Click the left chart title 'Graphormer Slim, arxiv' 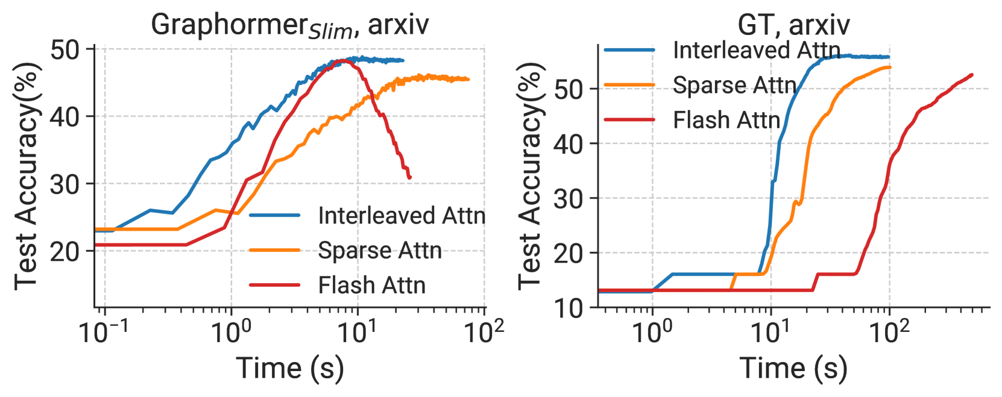click(x=290, y=25)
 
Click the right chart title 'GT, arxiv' click(x=793, y=25)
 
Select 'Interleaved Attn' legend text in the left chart click(x=402, y=216)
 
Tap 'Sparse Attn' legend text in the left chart click(x=380, y=251)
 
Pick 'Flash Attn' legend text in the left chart click(x=372, y=285)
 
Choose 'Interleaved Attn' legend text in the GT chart click(x=757, y=50)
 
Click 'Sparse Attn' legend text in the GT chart click(x=734, y=85)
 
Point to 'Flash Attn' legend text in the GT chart click(x=726, y=120)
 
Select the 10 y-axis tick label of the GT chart click(x=569, y=308)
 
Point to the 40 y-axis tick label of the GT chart click(x=569, y=144)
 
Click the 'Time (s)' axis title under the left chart click(x=289, y=369)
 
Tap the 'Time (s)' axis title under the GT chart click(x=793, y=369)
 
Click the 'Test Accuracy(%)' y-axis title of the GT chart click(x=531, y=176)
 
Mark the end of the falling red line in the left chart click(x=409, y=178)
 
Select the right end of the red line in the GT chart click(x=972, y=75)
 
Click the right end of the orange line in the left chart click(x=468, y=80)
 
